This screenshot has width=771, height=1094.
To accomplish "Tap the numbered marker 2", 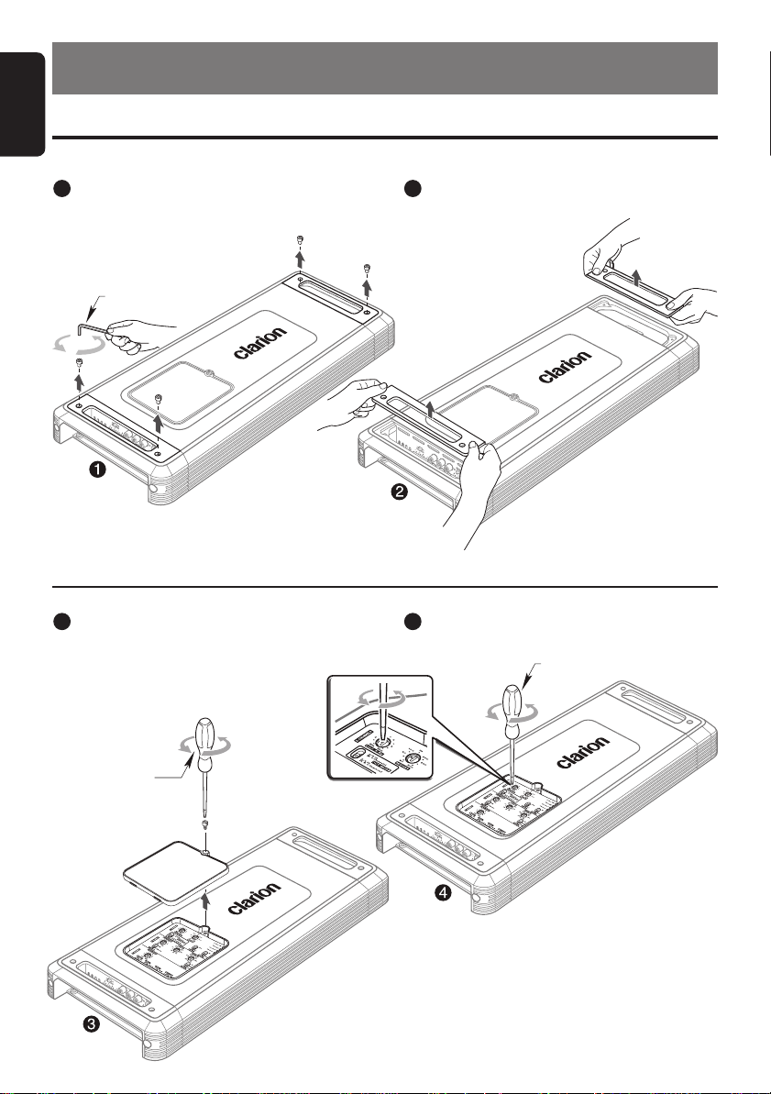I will tap(400, 492).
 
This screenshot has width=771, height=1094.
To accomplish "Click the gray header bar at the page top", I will tap(384, 66).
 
